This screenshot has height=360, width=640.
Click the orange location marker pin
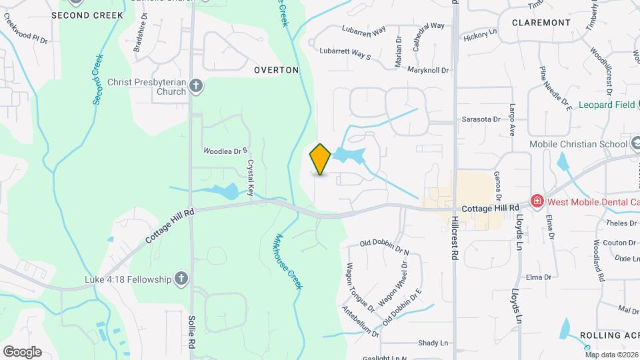click(320, 159)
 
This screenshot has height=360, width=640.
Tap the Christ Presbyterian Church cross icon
click(196, 85)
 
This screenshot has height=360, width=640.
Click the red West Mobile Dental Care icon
click(536, 200)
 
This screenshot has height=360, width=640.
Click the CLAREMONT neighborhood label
click(541, 23)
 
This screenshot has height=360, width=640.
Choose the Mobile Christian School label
click(578, 144)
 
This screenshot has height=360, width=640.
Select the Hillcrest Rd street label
click(454, 237)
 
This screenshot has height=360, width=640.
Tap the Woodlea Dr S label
click(225, 151)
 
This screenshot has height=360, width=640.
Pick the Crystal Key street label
click(251, 177)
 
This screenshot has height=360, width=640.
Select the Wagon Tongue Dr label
click(359, 288)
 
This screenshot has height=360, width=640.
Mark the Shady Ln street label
click(433, 343)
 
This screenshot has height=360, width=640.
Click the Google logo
click(22, 351)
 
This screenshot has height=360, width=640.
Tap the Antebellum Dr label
click(360, 323)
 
